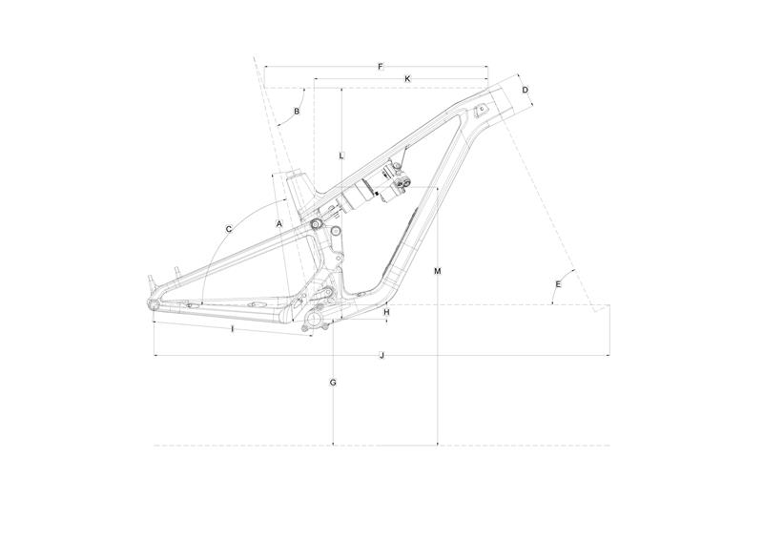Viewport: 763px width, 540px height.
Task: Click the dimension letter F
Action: tap(381, 66)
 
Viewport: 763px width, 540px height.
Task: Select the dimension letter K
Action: tap(408, 78)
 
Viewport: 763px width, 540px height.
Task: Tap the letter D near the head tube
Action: tap(526, 90)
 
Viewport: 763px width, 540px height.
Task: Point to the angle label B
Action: tap(297, 112)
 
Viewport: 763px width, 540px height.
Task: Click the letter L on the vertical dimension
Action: tap(341, 156)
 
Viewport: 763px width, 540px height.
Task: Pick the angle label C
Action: tap(228, 229)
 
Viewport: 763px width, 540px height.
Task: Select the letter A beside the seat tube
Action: tap(278, 223)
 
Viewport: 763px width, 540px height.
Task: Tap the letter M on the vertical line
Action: tap(438, 271)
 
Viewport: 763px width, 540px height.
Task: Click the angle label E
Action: tap(558, 284)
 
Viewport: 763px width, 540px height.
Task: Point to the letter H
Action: tap(386, 312)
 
